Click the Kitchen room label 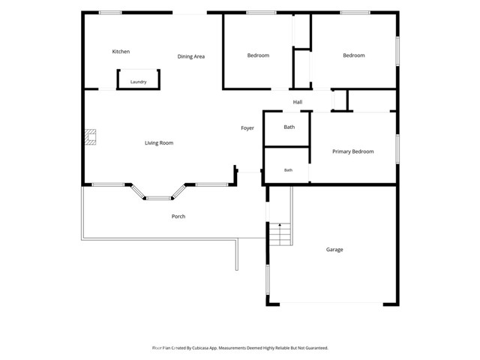click(x=121, y=52)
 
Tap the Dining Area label click(x=191, y=56)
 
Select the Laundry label click(x=138, y=82)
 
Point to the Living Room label click(x=159, y=143)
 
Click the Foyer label click(x=247, y=128)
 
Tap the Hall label click(x=298, y=102)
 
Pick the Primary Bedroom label click(x=353, y=151)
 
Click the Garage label click(x=334, y=250)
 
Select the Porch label click(x=178, y=217)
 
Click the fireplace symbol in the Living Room click(x=90, y=136)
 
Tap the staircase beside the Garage click(x=280, y=234)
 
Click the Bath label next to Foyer click(x=289, y=127)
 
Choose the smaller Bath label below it click(x=288, y=170)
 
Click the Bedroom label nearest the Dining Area click(x=258, y=55)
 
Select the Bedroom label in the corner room click(x=353, y=55)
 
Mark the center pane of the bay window click(x=158, y=198)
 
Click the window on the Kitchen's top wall click(x=110, y=13)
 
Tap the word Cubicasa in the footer click(x=200, y=348)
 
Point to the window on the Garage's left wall click(x=268, y=280)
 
